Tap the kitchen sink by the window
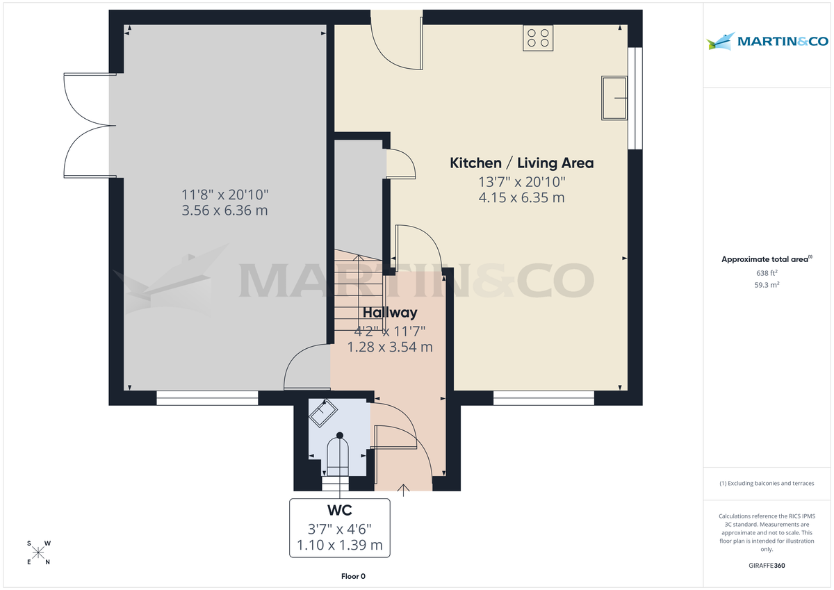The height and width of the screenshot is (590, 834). pyautogui.click(x=614, y=98)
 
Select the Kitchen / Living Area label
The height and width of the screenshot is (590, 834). pyautogui.click(x=522, y=163)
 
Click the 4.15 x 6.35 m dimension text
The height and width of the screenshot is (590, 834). pyautogui.click(x=521, y=198)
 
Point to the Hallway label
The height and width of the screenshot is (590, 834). pyautogui.click(x=389, y=313)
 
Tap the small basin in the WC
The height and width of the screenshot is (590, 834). pyautogui.click(x=322, y=413)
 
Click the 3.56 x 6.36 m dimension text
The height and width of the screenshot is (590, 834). pyautogui.click(x=224, y=211)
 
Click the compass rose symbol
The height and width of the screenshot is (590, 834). pyautogui.click(x=38, y=552)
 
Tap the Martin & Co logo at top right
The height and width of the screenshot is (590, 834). pyautogui.click(x=767, y=42)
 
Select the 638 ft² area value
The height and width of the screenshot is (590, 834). pyautogui.click(x=767, y=273)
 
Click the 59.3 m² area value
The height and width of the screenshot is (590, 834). pyautogui.click(x=767, y=285)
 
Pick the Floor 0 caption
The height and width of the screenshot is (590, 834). pyautogui.click(x=353, y=576)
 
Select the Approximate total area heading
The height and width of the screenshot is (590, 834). pyautogui.click(x=766, y=259)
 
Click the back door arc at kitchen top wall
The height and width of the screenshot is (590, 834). pyautogui.click(x=396, y=45)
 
